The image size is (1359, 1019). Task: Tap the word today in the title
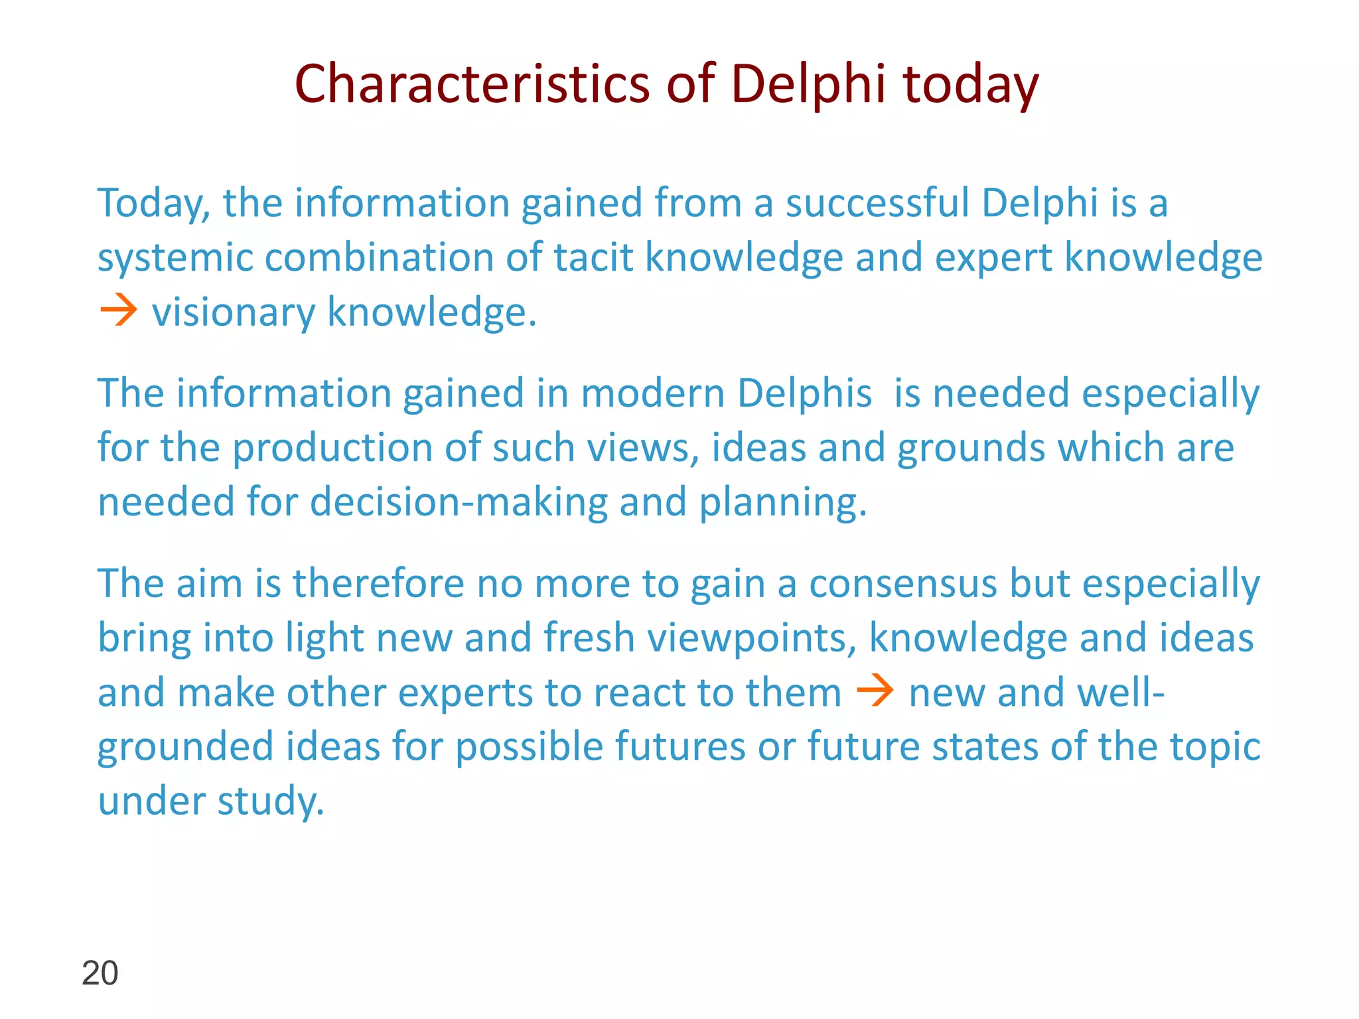click(970, 84)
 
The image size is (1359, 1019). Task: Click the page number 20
click(100, 973)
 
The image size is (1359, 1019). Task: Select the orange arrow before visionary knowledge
click(118, 311)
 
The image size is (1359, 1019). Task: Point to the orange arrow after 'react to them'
click(875, 692)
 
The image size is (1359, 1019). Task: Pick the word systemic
click(175, 257)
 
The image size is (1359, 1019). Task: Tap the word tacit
click(593, 257)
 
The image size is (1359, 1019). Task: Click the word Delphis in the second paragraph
click(804, 393)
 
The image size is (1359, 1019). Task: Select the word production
click(332, 447)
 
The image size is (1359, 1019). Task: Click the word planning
click(783, 502)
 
